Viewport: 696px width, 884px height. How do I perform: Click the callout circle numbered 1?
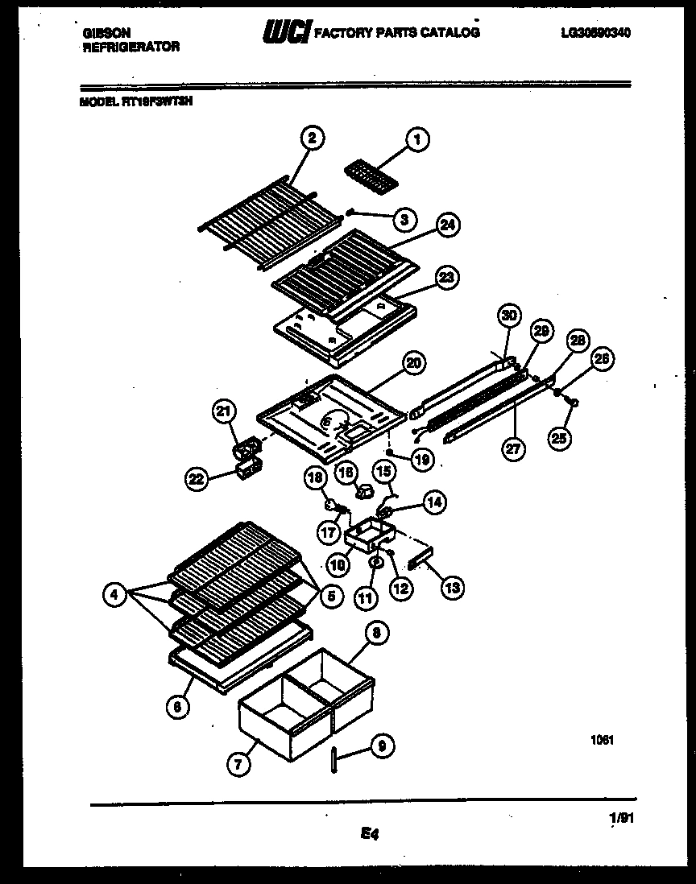click(x=416, y=140)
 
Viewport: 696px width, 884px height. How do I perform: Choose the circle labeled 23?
click(x=445, y=278)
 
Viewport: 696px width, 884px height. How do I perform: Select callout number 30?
click(x=507, y=316)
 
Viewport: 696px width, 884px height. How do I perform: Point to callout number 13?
click(x=452, y=589)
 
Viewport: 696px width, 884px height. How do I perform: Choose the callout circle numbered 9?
click(x=381, y=747)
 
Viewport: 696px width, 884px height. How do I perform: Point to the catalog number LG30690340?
click(x=595, y=33)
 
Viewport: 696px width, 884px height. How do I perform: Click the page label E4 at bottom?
click(x=370, y=835)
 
